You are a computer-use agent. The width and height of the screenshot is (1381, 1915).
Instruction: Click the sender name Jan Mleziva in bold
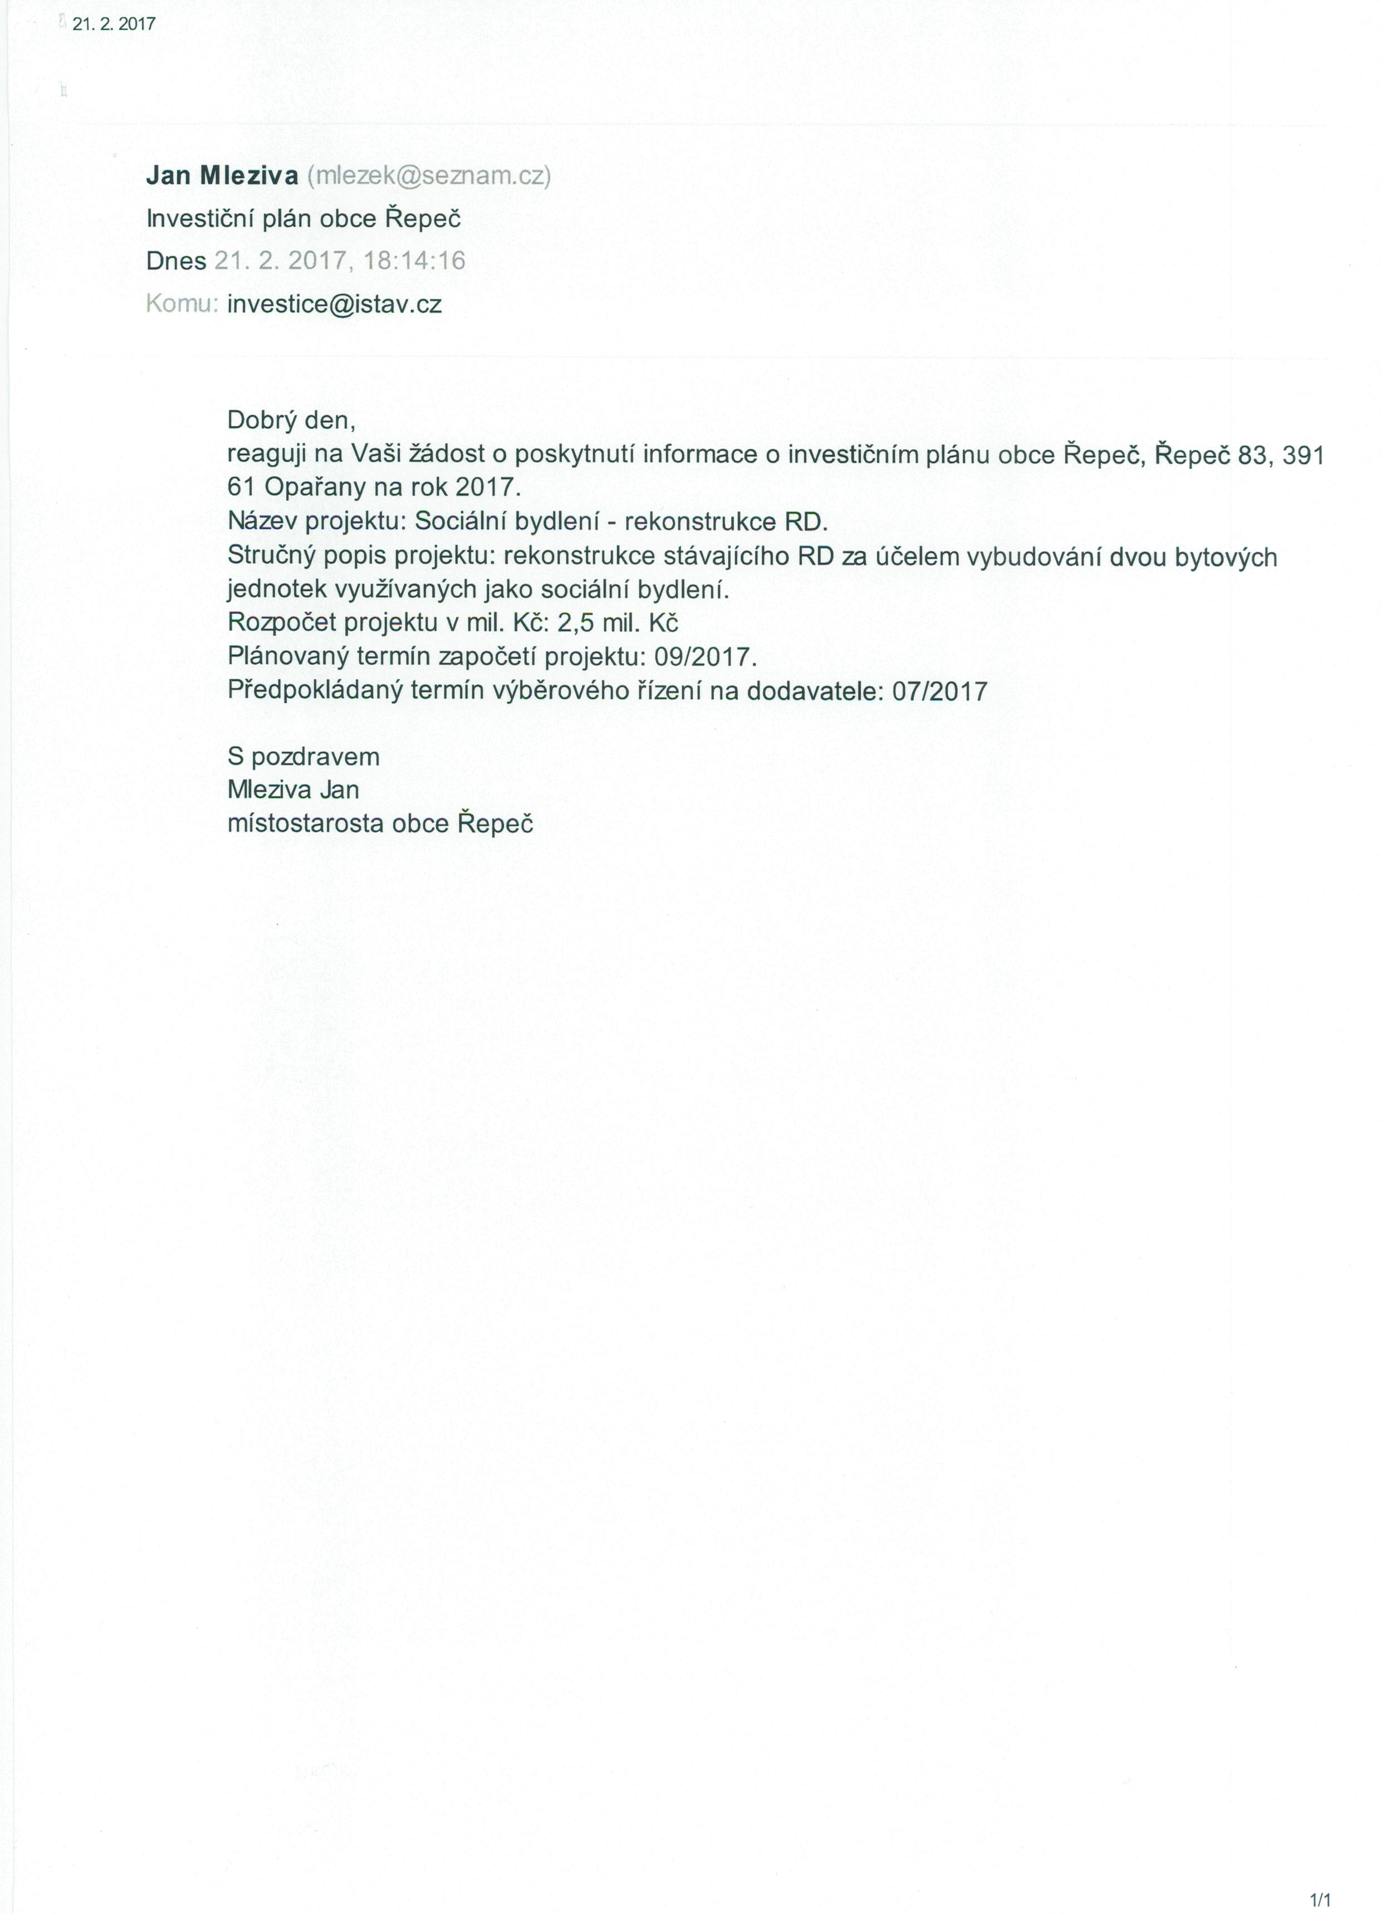coord(222,176)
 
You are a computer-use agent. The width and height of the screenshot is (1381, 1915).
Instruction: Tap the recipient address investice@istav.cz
coord(334,304)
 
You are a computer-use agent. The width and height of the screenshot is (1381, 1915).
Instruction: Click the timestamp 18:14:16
coord(414,261)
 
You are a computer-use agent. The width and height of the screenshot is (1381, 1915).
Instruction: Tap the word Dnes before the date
coord(175,261)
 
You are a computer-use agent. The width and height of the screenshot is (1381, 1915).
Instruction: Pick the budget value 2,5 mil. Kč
coord(618,623)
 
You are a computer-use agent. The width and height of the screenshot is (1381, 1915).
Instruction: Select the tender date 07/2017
coord(939,691)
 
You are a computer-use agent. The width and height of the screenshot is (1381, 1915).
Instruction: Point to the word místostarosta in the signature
coord(306,824)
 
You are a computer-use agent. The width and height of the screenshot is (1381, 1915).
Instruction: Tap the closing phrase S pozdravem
coord(303,757)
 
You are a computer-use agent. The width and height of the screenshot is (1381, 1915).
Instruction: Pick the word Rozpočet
coord(281,623)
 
